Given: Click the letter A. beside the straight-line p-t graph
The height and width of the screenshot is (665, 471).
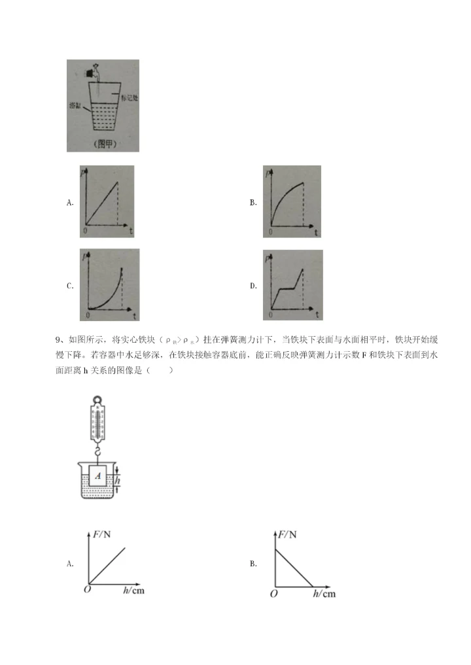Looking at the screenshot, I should click(x=70, y=203).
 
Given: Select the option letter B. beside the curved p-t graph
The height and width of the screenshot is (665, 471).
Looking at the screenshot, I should click(x=253, y=203).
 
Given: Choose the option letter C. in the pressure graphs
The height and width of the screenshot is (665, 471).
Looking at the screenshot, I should click(x=70, y=286).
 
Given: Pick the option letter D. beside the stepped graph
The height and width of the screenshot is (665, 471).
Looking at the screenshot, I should click(x=253, y=286).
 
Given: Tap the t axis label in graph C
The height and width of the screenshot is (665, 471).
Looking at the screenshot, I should click(x=133, y=315).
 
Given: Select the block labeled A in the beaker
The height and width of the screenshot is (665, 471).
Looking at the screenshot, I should click(x=97, y=476).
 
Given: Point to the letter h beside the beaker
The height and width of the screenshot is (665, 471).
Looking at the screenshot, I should click(x=118, y=481).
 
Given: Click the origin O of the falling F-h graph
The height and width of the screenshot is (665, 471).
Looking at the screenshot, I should click(x=273, y=594).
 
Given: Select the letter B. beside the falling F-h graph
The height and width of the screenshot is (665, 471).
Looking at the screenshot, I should click(x=253, y=564).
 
